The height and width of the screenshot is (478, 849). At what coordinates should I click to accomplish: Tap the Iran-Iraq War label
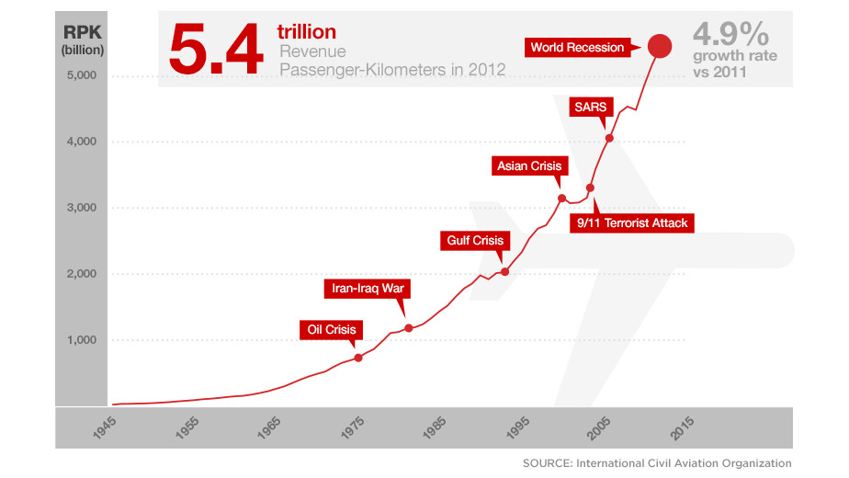point(368,289)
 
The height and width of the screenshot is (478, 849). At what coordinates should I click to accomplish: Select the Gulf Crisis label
point(475,241)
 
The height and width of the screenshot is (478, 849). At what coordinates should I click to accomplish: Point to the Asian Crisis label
point(528,166)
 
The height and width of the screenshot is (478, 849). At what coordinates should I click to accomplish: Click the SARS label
point(589,107)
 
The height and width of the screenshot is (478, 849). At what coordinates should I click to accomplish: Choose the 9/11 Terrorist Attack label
point(632,222)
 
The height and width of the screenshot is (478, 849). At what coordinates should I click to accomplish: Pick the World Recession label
point(577,47)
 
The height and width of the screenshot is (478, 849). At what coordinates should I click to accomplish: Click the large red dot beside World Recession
point(660,46)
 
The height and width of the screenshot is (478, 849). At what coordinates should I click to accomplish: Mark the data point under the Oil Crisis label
point(358,358)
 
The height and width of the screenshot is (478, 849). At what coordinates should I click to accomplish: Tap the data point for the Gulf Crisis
point(504,272)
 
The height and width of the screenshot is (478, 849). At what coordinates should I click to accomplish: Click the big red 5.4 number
point(215,51)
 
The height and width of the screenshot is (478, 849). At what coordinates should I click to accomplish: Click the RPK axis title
point(83,34)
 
